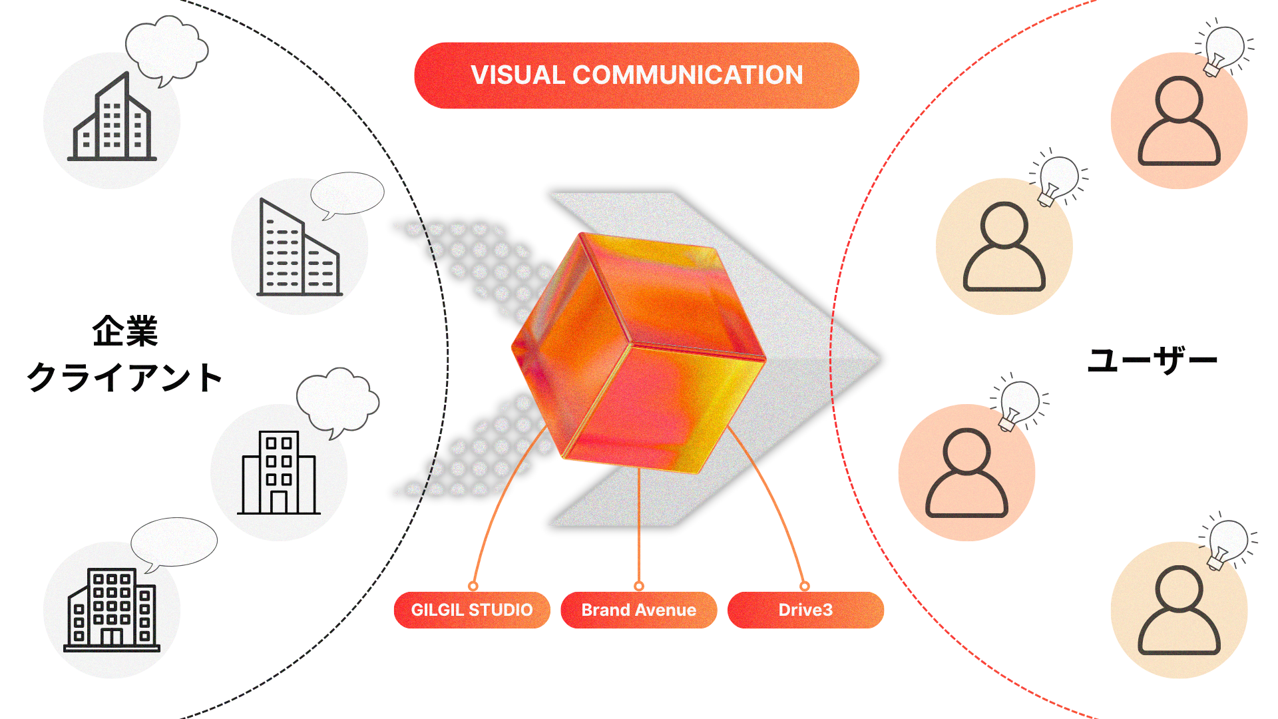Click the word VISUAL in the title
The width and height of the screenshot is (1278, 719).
(517, 75)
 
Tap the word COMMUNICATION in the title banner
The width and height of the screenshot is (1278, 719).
(688, 75)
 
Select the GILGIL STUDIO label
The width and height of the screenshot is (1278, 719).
(471, 610)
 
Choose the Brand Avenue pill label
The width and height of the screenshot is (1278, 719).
(638, 610)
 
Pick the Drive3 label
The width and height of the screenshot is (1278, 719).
(805, 610)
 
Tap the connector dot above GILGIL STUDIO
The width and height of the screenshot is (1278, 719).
(473, 586)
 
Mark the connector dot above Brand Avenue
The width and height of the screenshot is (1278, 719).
(639, 586)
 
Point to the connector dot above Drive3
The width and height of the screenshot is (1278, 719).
(805, 586)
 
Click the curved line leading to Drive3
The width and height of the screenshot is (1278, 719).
(779, 506)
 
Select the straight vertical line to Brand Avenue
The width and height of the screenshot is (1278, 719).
(639, 526)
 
